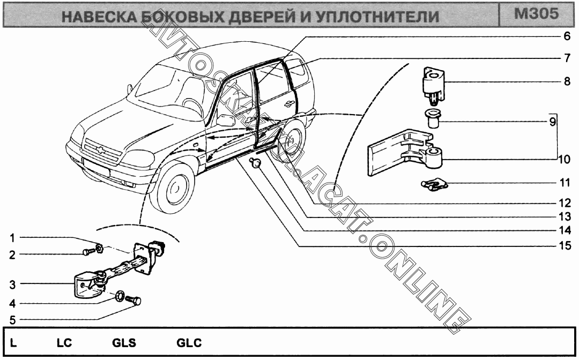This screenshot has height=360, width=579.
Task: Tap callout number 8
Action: point(566,82)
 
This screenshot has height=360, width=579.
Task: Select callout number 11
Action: point(565,183)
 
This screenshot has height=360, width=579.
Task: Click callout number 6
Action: point(566,37)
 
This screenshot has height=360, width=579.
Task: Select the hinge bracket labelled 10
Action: point(402,153)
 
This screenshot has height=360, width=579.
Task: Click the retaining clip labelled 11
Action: point(434,185)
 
